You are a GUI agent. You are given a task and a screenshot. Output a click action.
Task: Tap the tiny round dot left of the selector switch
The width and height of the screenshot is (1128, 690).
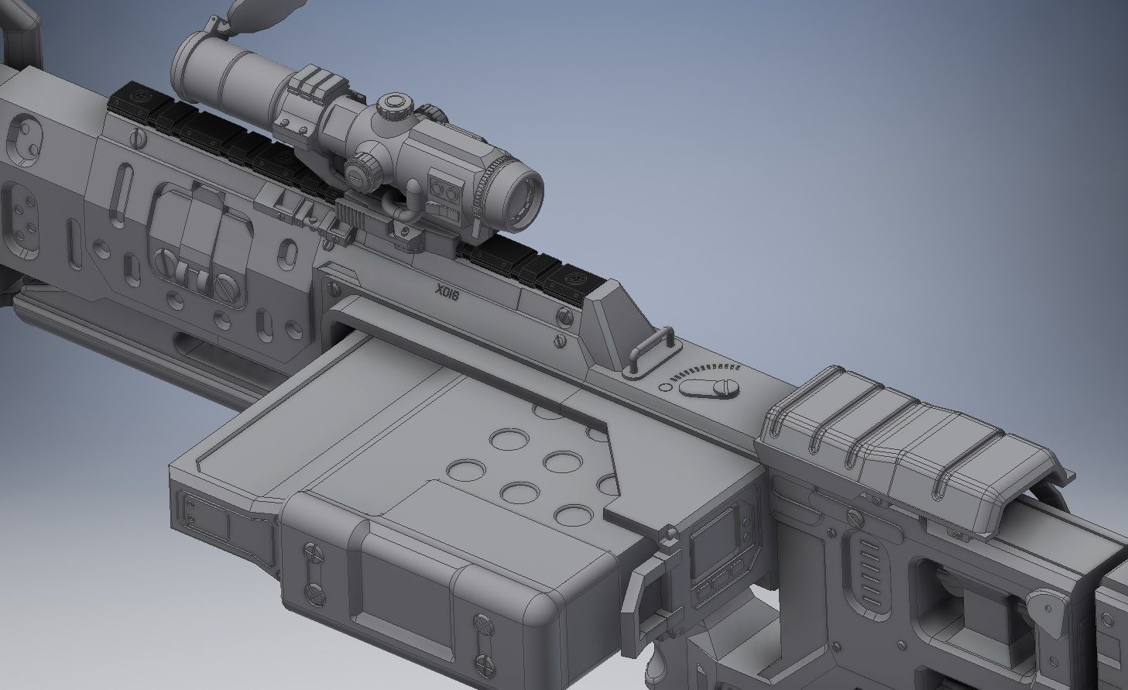[x=663, y=386]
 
